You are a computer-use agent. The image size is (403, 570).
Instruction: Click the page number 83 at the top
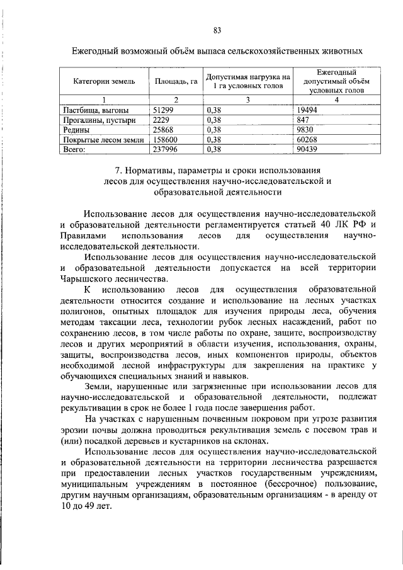[217, 30]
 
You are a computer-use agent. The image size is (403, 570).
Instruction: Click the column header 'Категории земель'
[102, 81]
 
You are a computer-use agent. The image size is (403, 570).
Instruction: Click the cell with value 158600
[165, 140]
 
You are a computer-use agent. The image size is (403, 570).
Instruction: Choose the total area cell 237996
[165, 150]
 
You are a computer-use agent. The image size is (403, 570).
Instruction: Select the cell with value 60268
[307, 140]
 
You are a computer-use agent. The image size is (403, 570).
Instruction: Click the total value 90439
[307, 150]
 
